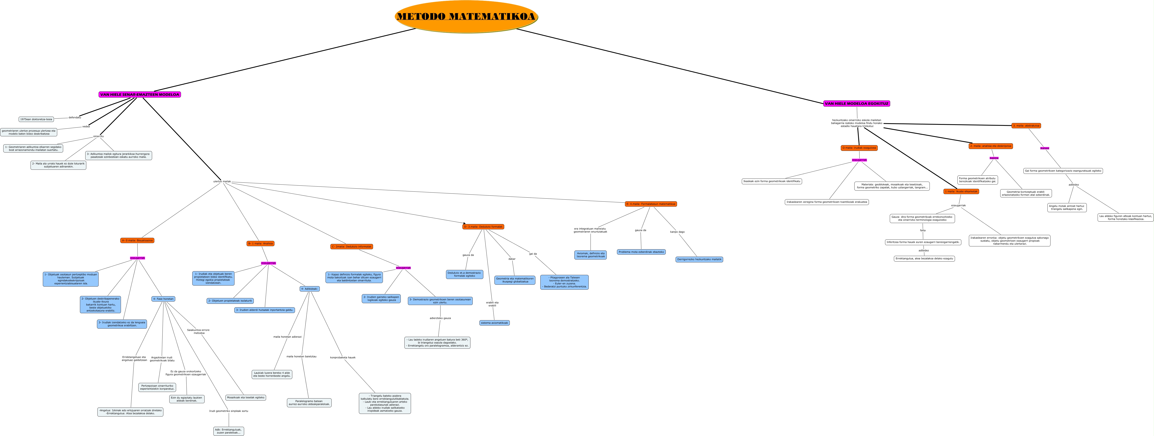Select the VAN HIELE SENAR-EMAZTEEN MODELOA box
pos(139,94)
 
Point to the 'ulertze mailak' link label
pos(222,181)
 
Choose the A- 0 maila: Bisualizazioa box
pos(137,240)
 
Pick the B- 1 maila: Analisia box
pos(260,243)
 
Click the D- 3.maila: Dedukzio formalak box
pos(483,227)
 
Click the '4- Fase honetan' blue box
pos(163,299)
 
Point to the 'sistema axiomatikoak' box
pos(494,323)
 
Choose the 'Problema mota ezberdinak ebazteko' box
pos(641,252)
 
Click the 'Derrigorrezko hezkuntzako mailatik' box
pos(699,259)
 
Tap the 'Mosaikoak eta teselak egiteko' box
pos(246,397)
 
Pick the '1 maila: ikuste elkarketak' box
pos(961,191)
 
